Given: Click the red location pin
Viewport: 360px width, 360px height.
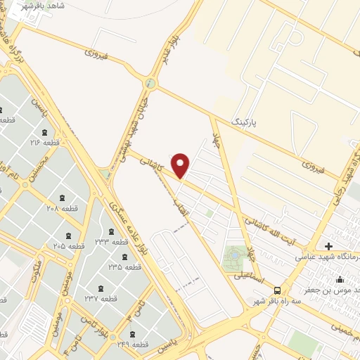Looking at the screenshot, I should click(181, 165).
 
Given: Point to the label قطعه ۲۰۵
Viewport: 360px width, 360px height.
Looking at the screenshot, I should click(69, 245).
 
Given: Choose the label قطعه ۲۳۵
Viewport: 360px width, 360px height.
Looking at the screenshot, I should click(124, 266).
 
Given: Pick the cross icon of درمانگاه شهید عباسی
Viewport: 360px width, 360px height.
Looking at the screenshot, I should click(329, 246).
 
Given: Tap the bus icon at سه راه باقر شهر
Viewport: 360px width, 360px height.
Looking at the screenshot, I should click(278, 290).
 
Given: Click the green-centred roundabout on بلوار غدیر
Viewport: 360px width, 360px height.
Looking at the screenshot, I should click(149, 83).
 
